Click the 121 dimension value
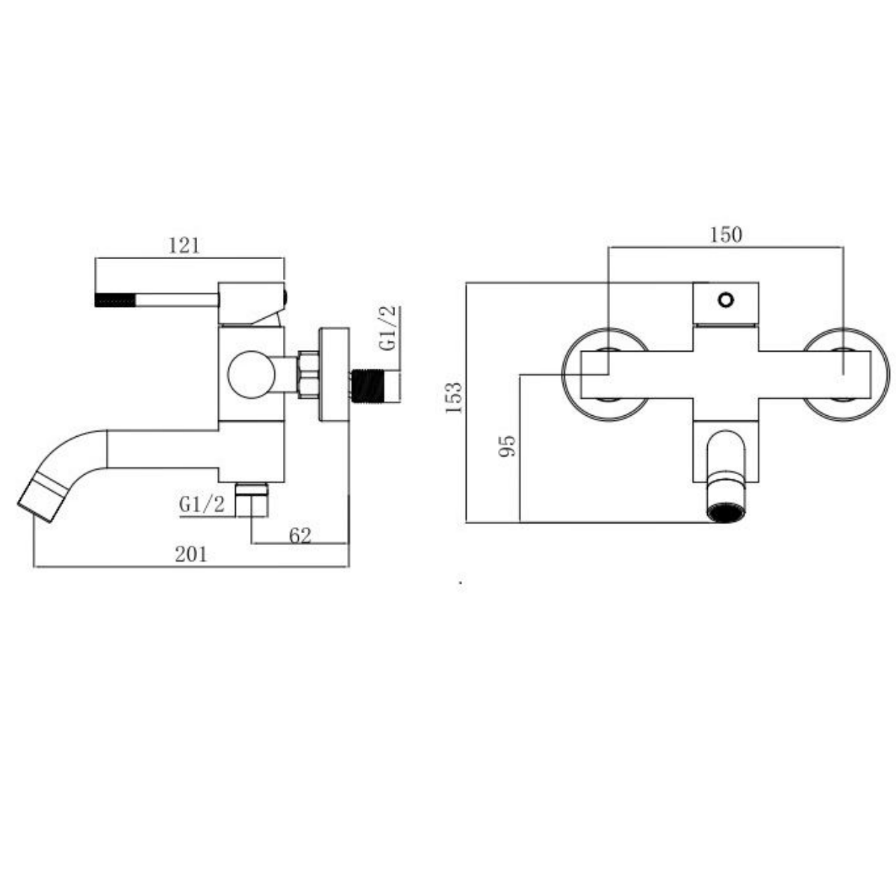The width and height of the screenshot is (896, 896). pos(184,246)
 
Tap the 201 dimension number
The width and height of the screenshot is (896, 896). pos(190,554)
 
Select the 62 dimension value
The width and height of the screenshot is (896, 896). pos(300,536)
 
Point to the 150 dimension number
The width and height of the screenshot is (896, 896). pos(726,234)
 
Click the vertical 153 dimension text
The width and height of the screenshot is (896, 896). pos(454,396)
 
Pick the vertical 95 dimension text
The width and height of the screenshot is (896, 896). pos(507,446)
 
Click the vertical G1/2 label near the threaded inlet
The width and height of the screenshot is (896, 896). pos(388,328)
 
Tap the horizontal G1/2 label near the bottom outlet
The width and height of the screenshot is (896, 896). pos(202,504)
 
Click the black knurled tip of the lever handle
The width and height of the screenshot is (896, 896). pos(115,300)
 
